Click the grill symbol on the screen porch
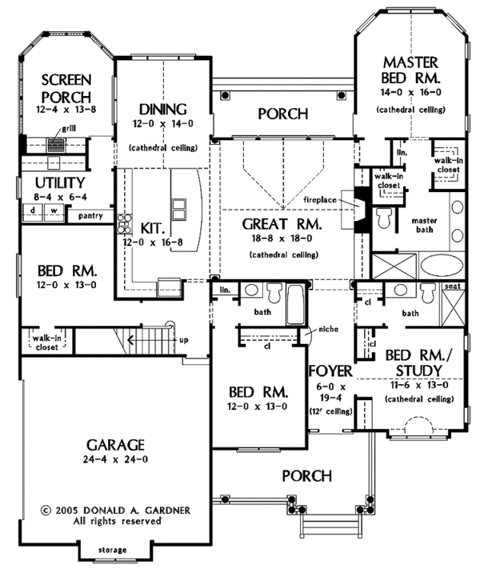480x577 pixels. [x=56, y=145]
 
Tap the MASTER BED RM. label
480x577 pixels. [x=410, y=70]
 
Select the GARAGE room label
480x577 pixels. [x=115, y=445]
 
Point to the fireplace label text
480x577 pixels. [x=320, y=200]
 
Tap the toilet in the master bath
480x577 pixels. [x=383, y=218]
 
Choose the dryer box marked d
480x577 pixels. [x=33, y=212]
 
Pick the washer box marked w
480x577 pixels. [x=54, y=212]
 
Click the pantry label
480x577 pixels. [x=90, y=215]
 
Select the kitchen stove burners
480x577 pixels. [x=124, y=224]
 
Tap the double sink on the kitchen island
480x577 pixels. [x=178, y=210]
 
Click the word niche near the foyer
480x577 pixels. [x=328, y=329]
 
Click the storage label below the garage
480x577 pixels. [x=113, y=550]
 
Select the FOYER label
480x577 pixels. [x=330, y=371]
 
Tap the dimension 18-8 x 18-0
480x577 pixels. [x=282, y=238]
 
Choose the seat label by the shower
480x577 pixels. [x=453, y=286]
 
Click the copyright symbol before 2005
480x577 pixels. [x=46, y=511]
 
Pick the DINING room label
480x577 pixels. [x=162, y=110]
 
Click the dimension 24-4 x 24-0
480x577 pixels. [x=115, y=459]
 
